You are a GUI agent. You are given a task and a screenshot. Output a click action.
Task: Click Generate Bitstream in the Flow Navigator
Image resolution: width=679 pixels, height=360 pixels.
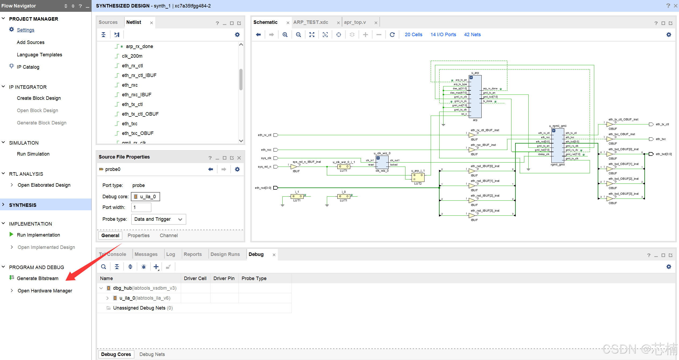tap(38, 278)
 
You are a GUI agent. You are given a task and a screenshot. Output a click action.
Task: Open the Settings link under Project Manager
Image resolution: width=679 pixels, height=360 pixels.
tap(25, 30)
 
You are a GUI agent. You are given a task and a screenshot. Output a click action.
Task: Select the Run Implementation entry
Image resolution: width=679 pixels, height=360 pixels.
tap(38, 235)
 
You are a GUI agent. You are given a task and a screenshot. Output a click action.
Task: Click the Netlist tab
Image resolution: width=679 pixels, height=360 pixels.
tap(134, 22)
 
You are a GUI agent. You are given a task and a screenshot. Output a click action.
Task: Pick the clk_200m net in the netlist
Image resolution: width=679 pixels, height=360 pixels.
tap(132, 56)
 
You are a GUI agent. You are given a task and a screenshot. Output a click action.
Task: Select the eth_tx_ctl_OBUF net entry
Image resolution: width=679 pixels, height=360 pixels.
tap(140, 114)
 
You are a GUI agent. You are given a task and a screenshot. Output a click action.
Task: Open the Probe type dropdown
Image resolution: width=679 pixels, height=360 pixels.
tap(158, 219)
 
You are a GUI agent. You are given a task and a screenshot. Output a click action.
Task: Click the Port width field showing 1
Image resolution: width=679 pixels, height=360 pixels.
tap(141, 207)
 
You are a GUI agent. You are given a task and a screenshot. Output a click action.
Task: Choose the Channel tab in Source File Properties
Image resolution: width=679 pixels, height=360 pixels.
tap(169, 235)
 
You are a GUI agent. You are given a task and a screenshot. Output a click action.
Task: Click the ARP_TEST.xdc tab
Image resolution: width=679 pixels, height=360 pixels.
tap(311, 22)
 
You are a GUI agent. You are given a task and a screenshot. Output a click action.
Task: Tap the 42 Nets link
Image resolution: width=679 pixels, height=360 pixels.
tap(472, 35)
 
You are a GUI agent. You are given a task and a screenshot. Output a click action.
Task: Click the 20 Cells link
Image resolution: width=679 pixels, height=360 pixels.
tap(413, 35)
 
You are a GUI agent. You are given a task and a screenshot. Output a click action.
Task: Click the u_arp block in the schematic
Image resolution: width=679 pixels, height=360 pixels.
tap(475, 97)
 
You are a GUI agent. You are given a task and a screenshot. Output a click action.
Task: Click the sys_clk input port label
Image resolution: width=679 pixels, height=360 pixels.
tap(266, 158)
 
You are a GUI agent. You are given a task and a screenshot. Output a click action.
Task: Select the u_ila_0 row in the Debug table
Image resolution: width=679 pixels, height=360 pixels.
tap(145, 298)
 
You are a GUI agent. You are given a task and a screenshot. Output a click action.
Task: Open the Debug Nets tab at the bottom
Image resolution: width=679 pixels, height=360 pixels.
tap(152, 354)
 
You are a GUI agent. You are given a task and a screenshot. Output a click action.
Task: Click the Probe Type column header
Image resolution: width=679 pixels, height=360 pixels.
tap(254, 278)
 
